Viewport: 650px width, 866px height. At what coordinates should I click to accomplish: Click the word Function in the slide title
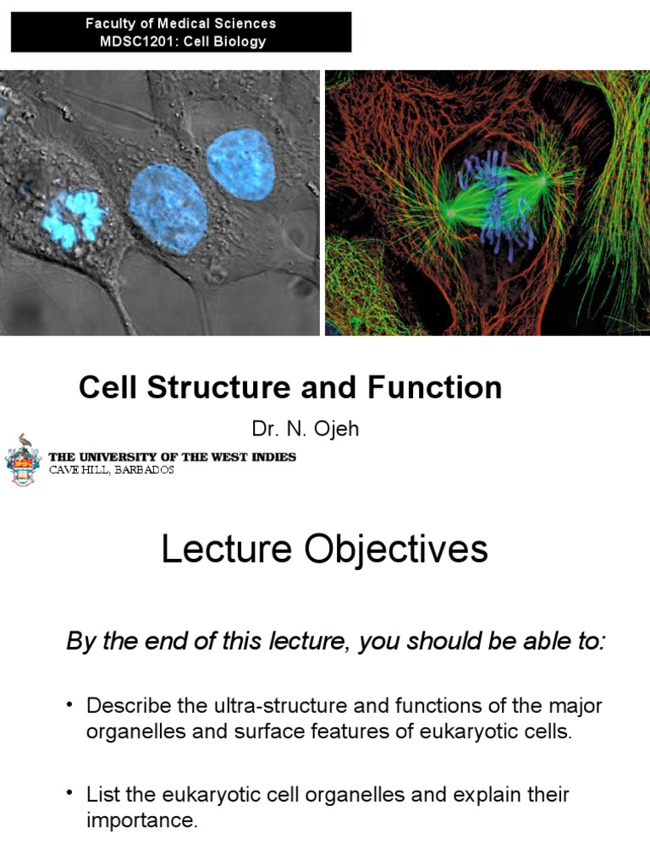tap(434, 387)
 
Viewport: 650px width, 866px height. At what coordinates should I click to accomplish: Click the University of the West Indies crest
tap(23, 459)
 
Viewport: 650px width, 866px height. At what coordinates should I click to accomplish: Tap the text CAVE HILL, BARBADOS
tap(112, 469)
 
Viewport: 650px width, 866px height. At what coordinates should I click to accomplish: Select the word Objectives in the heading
tap(396, 550)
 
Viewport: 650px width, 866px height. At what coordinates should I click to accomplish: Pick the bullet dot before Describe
tap(69, 704)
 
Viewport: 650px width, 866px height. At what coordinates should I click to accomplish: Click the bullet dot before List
tap(69, 793)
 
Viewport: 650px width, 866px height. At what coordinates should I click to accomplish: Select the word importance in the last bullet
tap(141, 820)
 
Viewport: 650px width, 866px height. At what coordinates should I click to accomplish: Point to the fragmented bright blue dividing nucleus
tap(74, 218)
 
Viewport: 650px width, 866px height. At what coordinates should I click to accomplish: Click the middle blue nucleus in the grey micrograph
tap(168, 208)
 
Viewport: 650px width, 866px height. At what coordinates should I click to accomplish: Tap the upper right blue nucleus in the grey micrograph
tap(240, 165)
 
